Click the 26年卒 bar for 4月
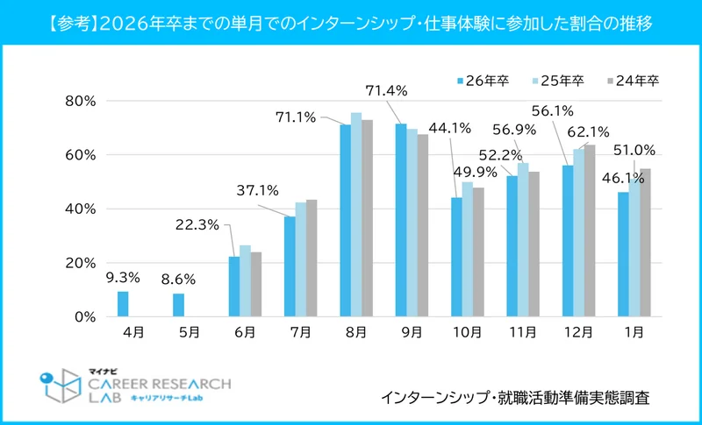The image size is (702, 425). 123,304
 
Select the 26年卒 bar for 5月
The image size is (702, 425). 178,305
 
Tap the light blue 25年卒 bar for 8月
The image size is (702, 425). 355,215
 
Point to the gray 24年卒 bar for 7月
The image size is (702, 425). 312,259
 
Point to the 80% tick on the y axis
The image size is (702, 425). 80,101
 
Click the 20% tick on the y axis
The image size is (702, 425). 80,263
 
